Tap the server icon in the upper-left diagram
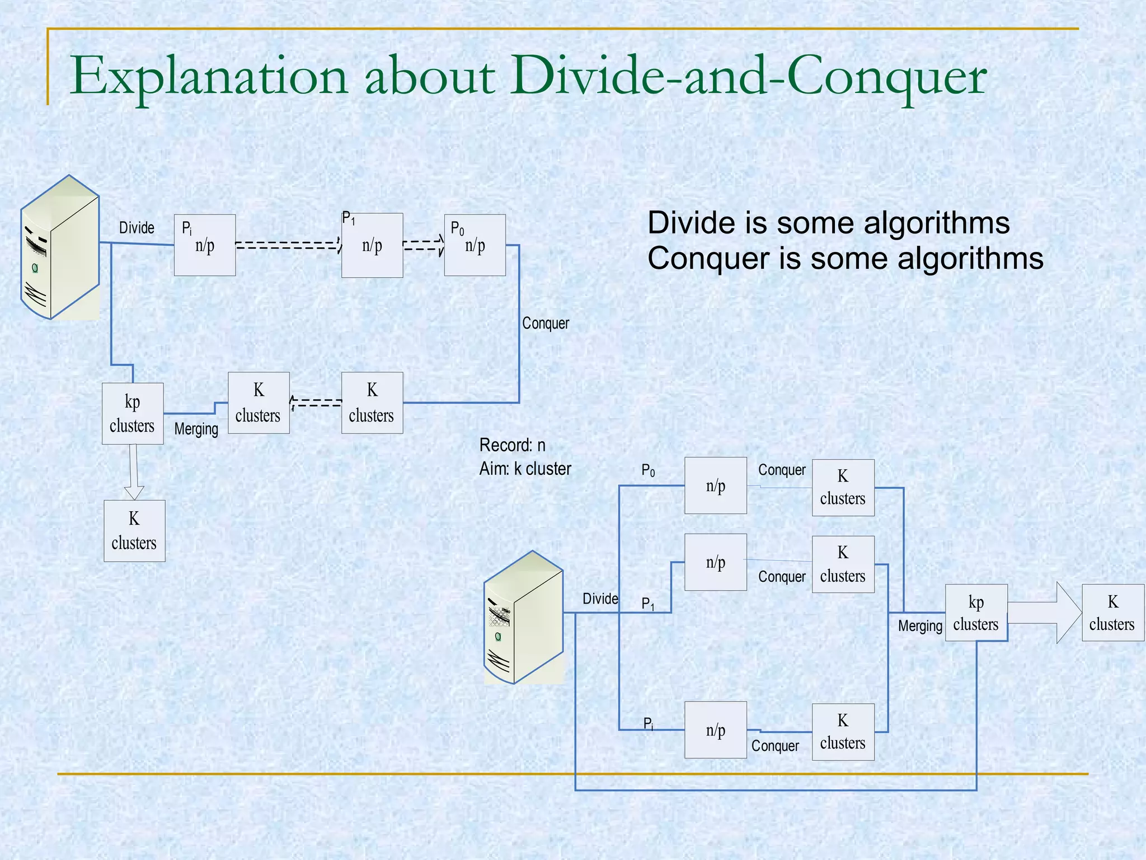[60, 247]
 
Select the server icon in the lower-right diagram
[524, 618]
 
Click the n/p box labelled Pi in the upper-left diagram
[205, 245]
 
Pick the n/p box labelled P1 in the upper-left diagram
[372, 245]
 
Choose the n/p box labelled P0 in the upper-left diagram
[475, 245]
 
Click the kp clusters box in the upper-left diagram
[133, 414]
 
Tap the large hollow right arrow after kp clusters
[1044, 613]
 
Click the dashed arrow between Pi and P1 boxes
[288, 245]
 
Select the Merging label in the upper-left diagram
[196, 429]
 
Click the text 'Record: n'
[512, 445]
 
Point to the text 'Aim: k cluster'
[525, 469]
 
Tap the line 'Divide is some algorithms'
[828, 223]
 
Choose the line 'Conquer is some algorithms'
[845, 259]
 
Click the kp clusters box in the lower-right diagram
[976, 613]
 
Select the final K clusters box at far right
[1112, 613]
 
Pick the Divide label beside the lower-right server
[600, 599]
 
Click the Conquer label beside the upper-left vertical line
[545, 323]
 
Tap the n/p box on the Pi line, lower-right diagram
[716, 730]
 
